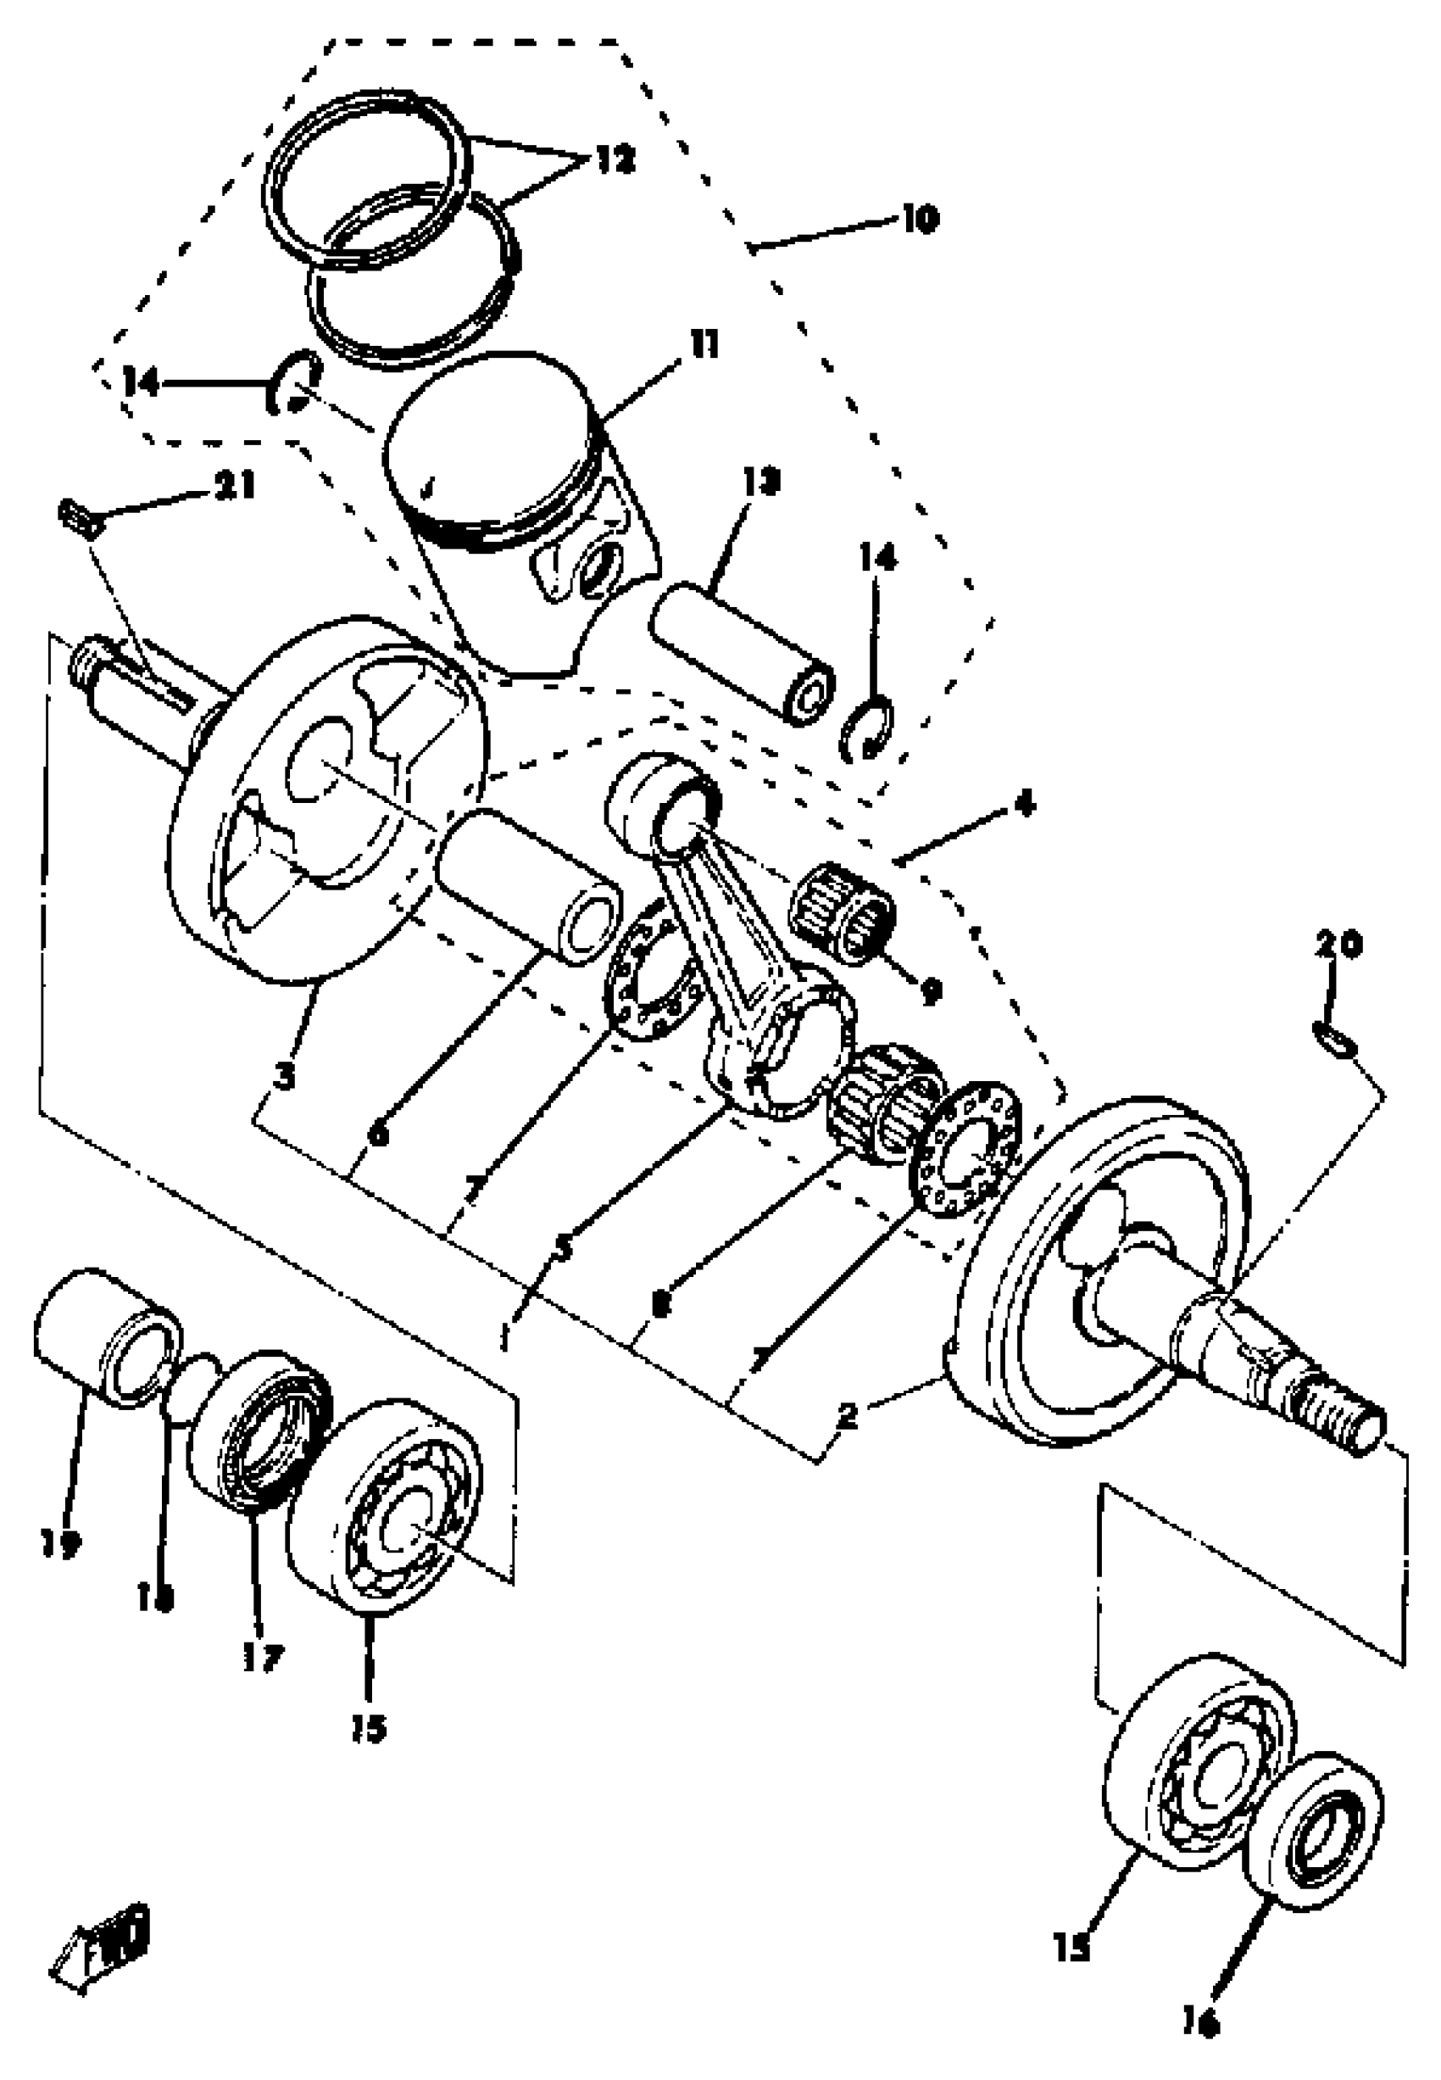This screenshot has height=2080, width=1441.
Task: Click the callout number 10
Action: pos(919,219)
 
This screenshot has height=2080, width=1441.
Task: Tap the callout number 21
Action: pos(235,486)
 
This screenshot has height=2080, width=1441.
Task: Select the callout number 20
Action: pos(1338,945)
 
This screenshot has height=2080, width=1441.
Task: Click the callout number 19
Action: pos(59,1543)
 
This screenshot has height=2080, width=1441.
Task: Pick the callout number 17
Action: pos(262,1658)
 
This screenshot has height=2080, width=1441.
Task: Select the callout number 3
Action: pos(286,1076)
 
